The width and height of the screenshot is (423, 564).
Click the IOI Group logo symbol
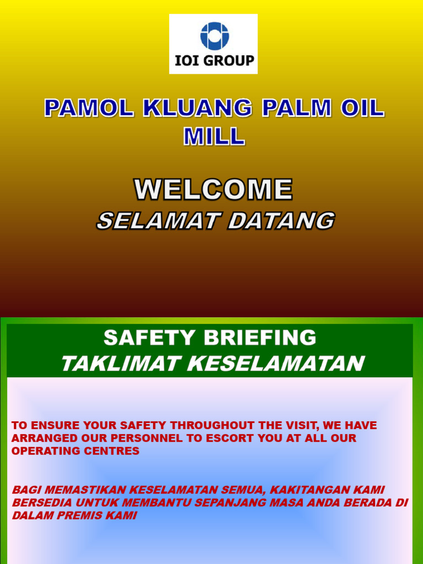pos(214,36)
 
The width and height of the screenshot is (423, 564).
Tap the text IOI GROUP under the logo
pos(214,61)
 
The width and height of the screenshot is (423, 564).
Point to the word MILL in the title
pos(214,136)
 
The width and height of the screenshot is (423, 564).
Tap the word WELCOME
pos(214,190)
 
